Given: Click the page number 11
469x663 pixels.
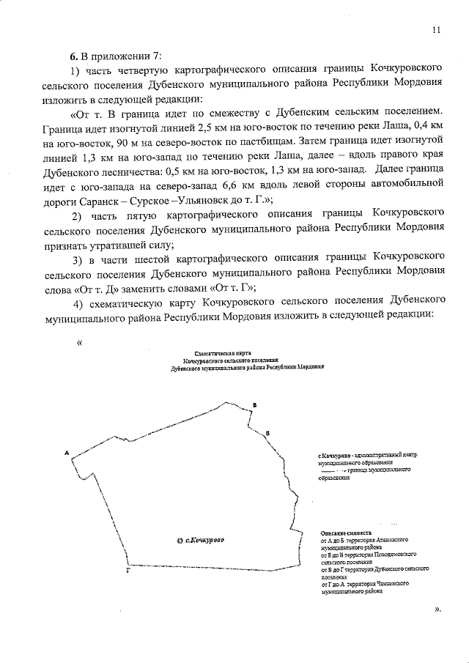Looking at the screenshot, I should click(437, 30).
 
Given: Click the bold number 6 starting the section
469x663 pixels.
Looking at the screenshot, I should click(73, 56).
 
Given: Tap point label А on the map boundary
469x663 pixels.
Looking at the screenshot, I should click(67, 452).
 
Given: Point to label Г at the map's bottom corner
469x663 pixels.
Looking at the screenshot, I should click(128, 569).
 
